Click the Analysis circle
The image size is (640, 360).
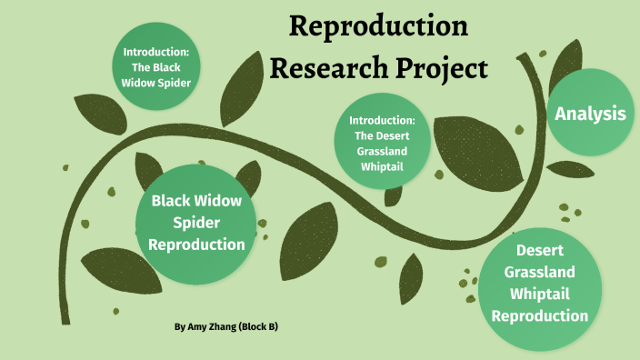tap(590, 114)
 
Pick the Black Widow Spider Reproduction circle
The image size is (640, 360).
tap(196, 222)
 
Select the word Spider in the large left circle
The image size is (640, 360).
tap(197, 223)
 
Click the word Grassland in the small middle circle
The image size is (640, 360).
tap(383, 151)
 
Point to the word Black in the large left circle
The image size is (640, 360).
tap(175, 200)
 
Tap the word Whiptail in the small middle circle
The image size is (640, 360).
tap(383, 166)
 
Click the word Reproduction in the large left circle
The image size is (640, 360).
tap(196, 245)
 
